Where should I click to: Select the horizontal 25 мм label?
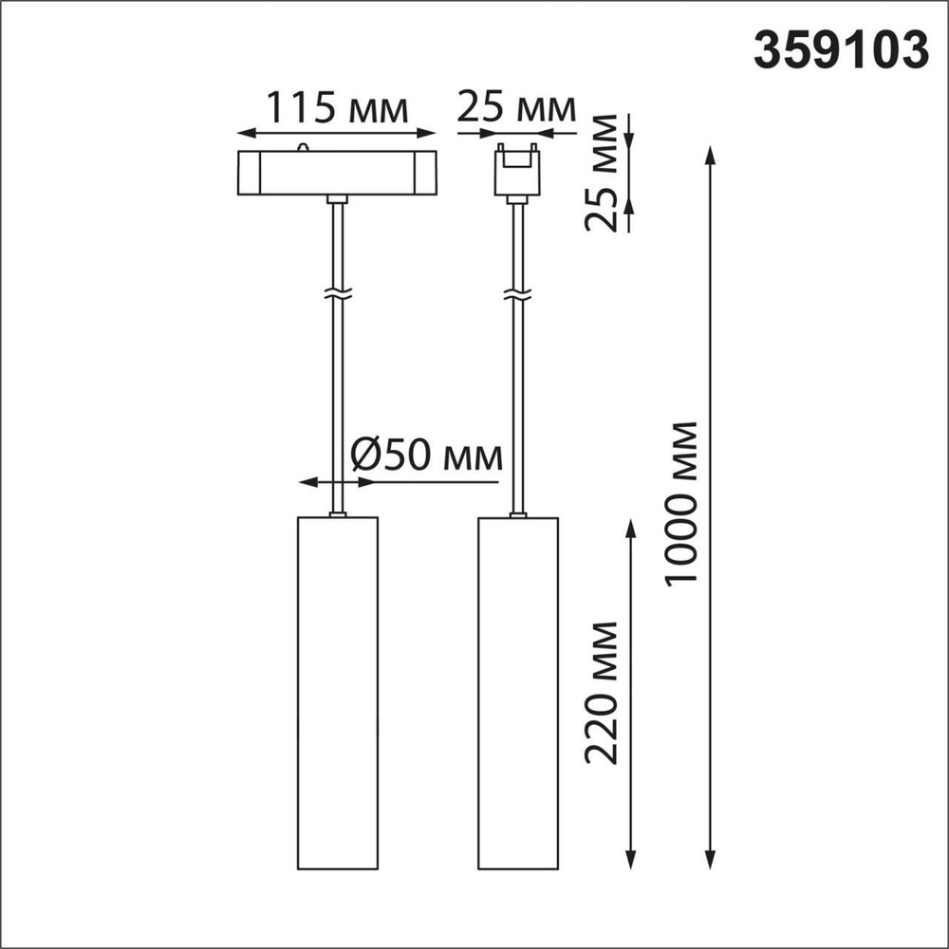pos(516,108)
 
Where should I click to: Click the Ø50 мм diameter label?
pos(425,456)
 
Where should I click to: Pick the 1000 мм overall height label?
pos(681,503)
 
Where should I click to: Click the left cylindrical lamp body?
pos(337,693)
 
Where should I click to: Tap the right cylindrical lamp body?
pos(518,693)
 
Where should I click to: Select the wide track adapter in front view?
pos(336,172)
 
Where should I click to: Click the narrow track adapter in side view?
pos(517,172)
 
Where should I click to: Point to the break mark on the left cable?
pos(336,294)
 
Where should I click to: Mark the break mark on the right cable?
pos(517,294)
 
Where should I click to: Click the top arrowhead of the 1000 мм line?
pos(709,152)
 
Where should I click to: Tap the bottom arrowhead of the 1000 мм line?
pos(709,862)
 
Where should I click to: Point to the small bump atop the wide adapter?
pos(303,147)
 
